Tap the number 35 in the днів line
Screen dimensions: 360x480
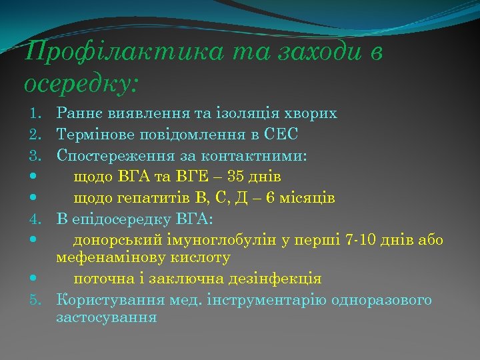point(235,177)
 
